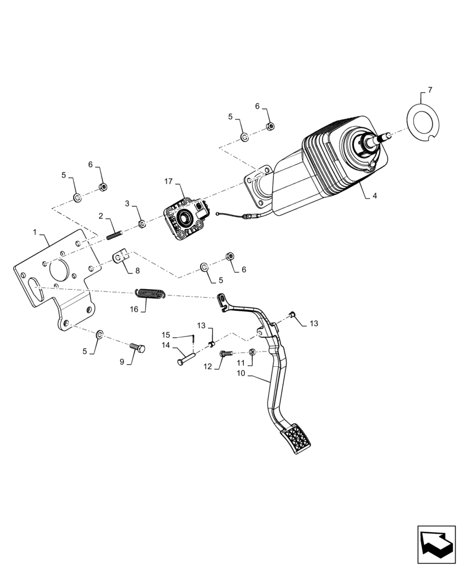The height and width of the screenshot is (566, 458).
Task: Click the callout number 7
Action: click(430, 90)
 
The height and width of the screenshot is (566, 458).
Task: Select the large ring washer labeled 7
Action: click(424, 127)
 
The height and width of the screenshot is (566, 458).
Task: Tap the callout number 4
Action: click(375, 197)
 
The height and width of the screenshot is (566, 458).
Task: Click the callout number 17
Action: click(168, 181)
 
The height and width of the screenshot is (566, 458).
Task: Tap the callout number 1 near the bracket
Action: click(35, 232)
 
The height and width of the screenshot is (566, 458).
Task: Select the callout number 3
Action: click(128, 203)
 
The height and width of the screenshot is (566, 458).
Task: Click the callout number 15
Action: click(166, 335)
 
